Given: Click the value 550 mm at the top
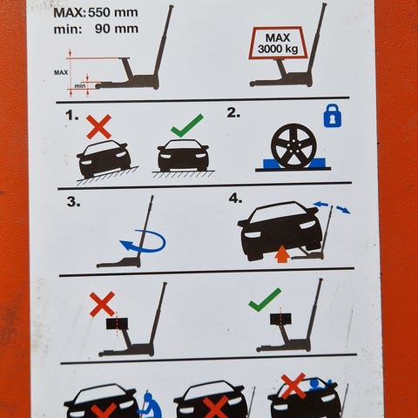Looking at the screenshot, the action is click(x=113, y=12).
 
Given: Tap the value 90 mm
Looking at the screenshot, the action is click(x=117, y=29).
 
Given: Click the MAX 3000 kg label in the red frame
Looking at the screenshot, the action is click(x=278, y=44).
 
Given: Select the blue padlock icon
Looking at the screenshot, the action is click(x=333, y=115).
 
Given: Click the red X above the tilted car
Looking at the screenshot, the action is click(x=99, y=126).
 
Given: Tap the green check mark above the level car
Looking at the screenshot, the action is click(x=187, y=125).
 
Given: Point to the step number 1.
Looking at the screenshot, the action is click(x=72, y=116).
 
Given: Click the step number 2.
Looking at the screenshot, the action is click(x=233, y=113).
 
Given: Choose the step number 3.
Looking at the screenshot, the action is click(x=74, y=201).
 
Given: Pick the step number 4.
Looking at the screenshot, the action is click(x=235, y=199).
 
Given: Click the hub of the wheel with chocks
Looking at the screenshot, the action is click(x=293, y=146).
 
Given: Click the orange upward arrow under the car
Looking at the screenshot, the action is click(x=282, y=253).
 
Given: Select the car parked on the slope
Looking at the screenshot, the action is click(x=104, y=158).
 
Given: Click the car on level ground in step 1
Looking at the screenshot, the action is click(x=183, y=156).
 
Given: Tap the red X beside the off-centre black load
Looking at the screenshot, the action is click(x=103, y=304).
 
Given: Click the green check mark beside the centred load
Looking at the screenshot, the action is click(x=265, y=300).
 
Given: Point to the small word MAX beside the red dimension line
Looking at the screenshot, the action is click(x=61, y=72).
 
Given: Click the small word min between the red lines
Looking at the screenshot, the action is click(x=80, y=86).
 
